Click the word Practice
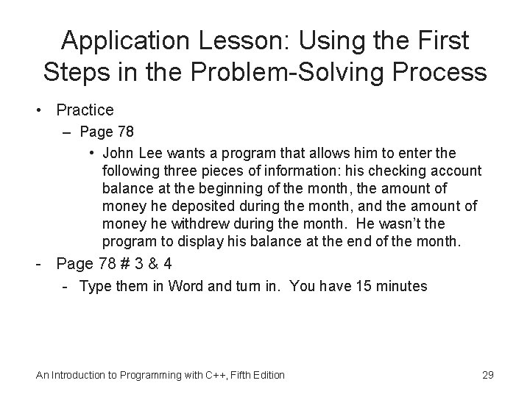84,110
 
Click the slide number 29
487,375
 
